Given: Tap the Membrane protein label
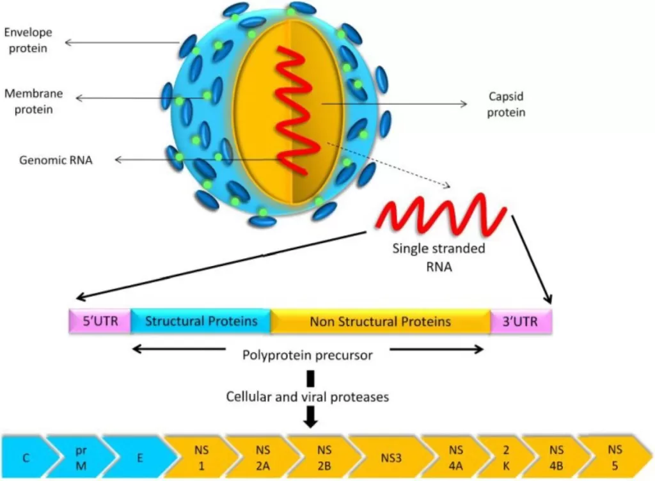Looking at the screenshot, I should pyautogui.click(x=34, y=101).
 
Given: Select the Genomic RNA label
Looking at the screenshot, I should pyautogui.click(x=56, y=160).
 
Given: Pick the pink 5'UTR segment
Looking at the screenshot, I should pyautogui.click(x=99, y=321).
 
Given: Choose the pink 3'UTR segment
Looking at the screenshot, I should pyautogui.click(x=521, y=321).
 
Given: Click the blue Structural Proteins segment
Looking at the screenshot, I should pyautogui.click(x=201, y=321).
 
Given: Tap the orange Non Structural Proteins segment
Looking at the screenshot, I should pyautogui.click(x=381, y=321).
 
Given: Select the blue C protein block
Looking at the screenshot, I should pyautogui.click(x=26, y=457).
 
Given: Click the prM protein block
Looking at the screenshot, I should pyautogui.click(x=81, y=457).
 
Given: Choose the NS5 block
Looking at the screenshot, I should pyautogui.click(x=614, y=457).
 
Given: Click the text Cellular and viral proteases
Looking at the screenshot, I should pyautogui.click(x=308, y=397).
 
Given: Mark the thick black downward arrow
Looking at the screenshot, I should pyautogui.click(x=310, y=418).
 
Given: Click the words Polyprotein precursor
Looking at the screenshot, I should pyautogui.click(x=308, y=355).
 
